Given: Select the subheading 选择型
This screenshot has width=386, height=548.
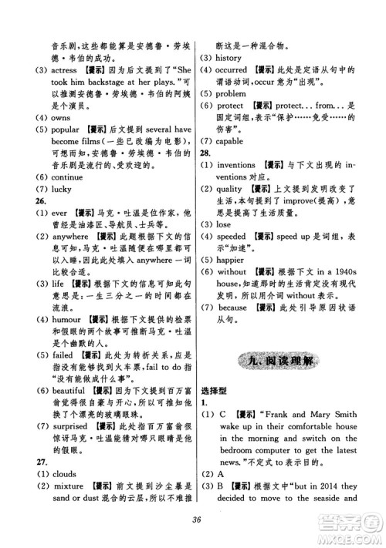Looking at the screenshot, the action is (x=218, y=410).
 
